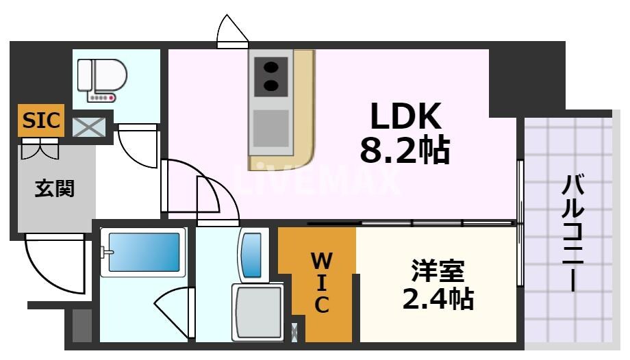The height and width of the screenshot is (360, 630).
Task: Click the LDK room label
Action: point(405,118)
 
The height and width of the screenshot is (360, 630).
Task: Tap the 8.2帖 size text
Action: point(405,151)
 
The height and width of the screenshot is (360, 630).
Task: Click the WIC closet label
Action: point(321,282)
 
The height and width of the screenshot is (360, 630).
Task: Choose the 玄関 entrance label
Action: point(55,188)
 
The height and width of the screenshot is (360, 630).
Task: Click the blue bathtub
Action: point(143,252)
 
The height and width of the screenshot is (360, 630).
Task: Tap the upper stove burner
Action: point(271,68)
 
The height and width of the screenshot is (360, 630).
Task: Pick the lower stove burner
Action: point(271,86)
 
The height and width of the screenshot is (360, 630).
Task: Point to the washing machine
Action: point(258,311)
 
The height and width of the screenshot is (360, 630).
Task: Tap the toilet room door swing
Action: point(138,147)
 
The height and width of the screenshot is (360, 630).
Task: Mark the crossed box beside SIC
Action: point(90,127)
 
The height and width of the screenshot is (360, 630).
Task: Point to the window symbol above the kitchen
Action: point(232,32)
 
